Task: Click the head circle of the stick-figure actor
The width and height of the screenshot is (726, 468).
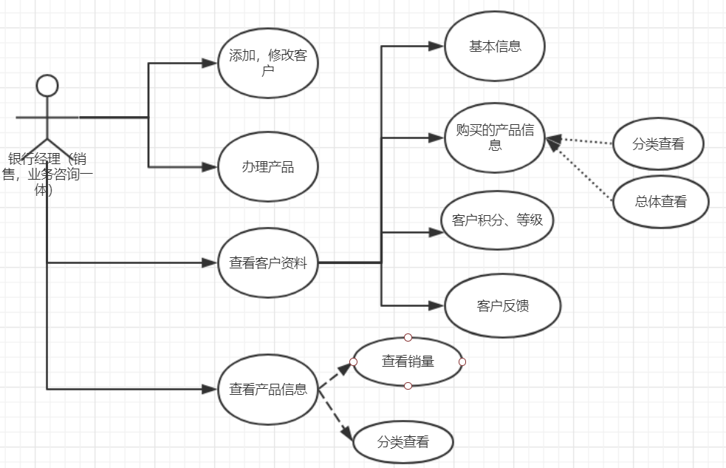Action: (47, 85)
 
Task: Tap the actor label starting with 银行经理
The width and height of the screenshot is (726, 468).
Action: (47, 174)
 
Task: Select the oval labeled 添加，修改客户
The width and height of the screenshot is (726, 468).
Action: (267, 64)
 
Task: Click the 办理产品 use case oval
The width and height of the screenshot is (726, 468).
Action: (267, 166)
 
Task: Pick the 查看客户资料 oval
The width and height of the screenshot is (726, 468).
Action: (267, 262)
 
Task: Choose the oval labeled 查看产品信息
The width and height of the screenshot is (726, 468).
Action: (267, 388)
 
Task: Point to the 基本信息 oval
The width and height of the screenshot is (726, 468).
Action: (495, 46)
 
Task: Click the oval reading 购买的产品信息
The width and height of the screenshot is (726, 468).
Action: (495, 138)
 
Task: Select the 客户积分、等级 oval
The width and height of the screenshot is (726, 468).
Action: (496, 220)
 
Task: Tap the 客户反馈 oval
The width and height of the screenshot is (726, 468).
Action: (503, 306)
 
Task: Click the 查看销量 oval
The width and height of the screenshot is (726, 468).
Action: (408, 362)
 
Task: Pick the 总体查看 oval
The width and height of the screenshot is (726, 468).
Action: (661, 201)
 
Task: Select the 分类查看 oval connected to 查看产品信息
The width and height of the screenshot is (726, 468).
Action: (403, 443)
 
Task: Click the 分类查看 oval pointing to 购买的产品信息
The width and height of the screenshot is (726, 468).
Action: (658, 144)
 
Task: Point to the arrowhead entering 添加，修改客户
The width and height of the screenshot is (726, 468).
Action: (212, 64)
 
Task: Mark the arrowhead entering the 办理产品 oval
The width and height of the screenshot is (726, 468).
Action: (212, 166)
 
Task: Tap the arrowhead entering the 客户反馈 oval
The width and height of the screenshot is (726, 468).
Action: (438, 305)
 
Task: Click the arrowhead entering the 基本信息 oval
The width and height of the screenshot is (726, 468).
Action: (438, 46)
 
